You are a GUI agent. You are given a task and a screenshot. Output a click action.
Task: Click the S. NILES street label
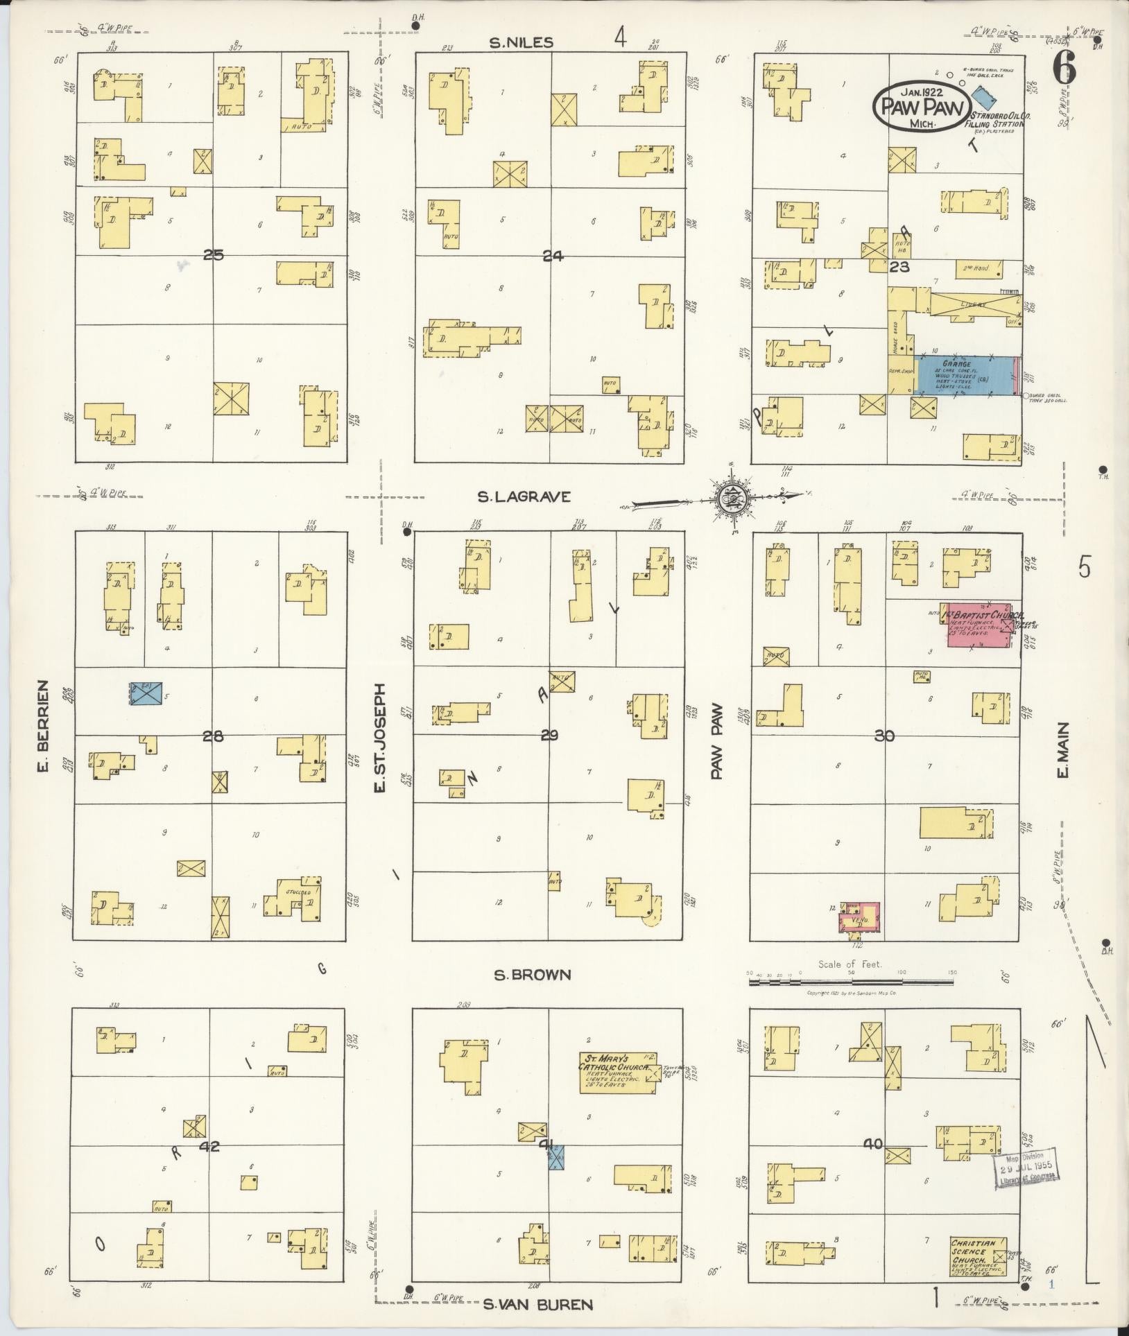521,43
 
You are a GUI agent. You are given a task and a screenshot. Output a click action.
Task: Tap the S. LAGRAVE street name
524,496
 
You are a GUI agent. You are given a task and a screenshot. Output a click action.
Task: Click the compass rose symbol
730,496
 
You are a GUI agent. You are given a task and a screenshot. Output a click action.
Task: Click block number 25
213,255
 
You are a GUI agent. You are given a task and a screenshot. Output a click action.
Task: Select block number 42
209,1146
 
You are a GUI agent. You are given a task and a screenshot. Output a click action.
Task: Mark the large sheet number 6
1064,67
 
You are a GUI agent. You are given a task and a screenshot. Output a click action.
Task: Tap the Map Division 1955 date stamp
1026,1170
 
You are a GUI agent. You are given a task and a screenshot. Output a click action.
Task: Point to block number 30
884,736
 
